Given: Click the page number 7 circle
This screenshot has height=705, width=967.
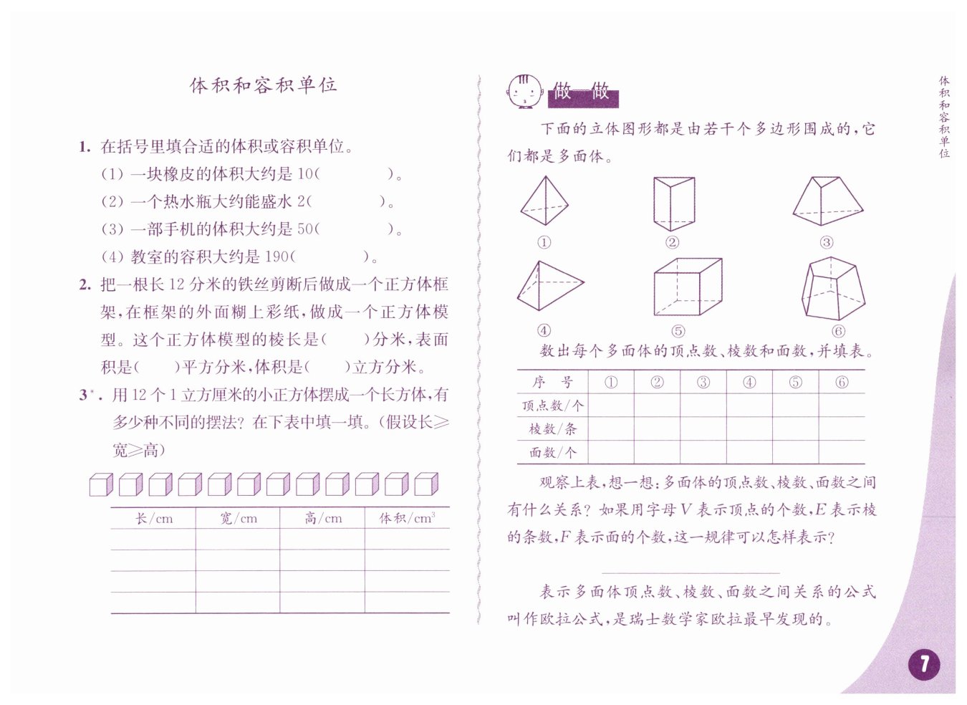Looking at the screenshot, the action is [924, 664].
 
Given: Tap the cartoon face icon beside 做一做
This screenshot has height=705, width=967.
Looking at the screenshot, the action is [524, 91].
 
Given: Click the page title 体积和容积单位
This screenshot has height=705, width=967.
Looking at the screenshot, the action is [263, 85].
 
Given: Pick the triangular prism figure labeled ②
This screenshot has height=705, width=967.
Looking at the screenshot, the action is [673, 203].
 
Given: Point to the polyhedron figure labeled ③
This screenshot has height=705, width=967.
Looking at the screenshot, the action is [827, 202].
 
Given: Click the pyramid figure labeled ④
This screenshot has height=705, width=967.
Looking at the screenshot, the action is [549, 287].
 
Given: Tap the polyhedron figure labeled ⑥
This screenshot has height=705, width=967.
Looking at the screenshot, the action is [833, 289].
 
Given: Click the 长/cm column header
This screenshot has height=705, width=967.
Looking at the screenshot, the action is [154, 518].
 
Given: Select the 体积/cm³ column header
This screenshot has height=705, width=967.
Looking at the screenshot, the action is [407, 518].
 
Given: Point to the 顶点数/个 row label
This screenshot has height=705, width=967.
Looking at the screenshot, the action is [552, 406].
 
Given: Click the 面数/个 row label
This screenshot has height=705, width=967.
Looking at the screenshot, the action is [552, 452].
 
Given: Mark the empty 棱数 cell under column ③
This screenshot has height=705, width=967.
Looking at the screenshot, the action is [703, 428].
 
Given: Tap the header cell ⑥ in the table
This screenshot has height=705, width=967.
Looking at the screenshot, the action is [842, 383].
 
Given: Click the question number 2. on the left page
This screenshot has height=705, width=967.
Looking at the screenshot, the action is [85, 284].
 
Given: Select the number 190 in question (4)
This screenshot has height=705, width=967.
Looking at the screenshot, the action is [276, 256].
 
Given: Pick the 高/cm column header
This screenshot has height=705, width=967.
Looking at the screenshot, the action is [322, 518].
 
